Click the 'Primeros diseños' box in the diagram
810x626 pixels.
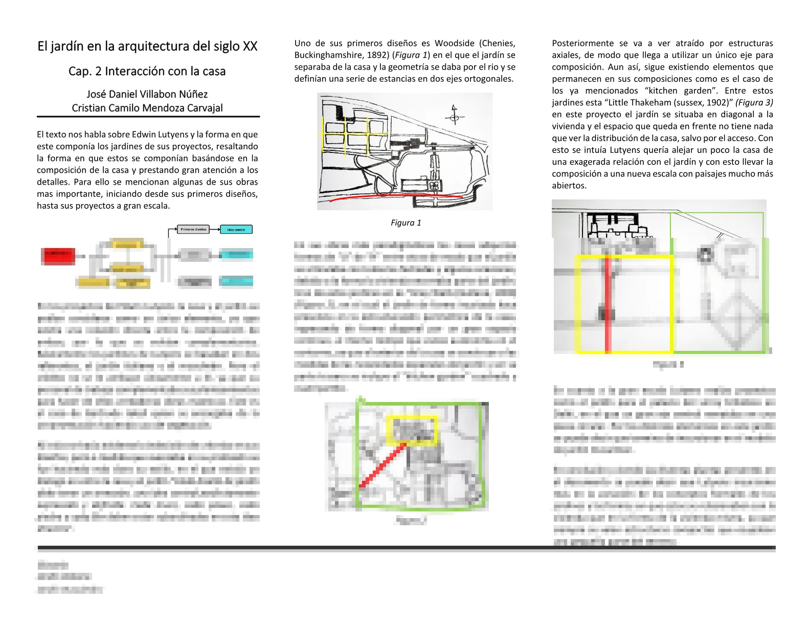193,229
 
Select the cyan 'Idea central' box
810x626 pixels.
236,230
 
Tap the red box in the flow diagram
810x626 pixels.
58,255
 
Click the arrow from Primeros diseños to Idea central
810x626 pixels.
214,229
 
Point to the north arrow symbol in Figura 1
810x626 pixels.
454,116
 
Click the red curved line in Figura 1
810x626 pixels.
394,195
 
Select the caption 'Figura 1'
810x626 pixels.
406,223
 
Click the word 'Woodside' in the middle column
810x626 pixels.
455,43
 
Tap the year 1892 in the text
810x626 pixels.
377,55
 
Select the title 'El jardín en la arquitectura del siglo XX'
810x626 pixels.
147,47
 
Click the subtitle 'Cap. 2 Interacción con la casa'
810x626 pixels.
147,71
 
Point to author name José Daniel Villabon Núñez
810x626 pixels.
147,94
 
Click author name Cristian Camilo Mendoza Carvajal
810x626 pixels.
147,108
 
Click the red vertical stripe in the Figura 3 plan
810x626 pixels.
608,304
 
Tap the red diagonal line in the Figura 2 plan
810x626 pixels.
382,465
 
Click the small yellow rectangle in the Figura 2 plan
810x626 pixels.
412,430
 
